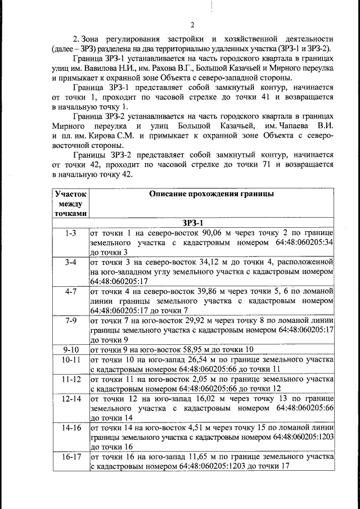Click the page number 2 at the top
[x=192, y=25]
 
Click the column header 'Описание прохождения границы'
[x=211, y=194]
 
